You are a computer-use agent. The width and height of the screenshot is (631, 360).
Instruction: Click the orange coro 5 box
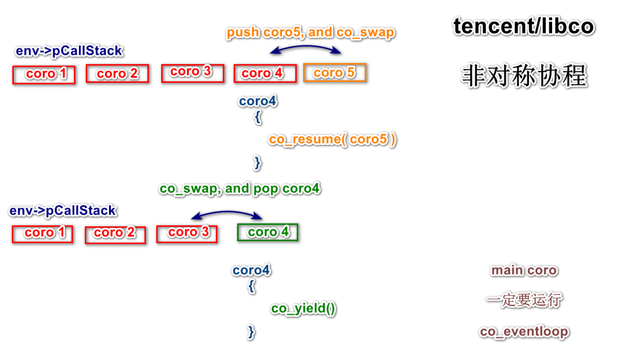click(335, 73)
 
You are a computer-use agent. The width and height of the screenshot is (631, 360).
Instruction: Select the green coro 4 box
click(268, 232)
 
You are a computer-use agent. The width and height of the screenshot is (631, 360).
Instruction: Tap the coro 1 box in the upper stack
click(44, 74)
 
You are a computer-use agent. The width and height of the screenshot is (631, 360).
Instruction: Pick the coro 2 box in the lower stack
click(115, 235)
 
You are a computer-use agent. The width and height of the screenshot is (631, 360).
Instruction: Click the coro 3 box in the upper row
click(193, 73)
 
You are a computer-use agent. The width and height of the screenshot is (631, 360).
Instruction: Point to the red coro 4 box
click(265, 73)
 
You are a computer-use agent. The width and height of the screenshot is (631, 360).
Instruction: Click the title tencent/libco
click(524, 26)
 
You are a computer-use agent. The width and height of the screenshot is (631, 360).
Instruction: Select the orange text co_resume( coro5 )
click(333, 139)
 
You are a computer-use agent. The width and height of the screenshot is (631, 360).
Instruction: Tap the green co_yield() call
click(303, 309)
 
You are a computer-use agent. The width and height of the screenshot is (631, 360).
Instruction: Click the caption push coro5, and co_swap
click(310, 33)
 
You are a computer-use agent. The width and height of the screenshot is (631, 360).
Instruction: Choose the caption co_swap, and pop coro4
click(240, 188)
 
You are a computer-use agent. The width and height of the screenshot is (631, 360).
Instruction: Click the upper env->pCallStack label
click(69, 51)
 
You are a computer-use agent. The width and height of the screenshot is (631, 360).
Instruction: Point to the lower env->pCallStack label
click(63, 211)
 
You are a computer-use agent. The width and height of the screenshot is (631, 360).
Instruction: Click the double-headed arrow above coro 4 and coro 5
click(306, 47)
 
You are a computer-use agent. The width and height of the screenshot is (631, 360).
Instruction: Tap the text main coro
click(524, 270)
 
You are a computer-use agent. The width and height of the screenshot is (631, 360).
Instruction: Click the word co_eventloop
click(524, 332)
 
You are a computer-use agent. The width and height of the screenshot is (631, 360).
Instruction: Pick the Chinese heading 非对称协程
click(524, 76)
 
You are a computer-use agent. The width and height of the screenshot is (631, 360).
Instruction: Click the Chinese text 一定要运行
click(524, 300)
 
